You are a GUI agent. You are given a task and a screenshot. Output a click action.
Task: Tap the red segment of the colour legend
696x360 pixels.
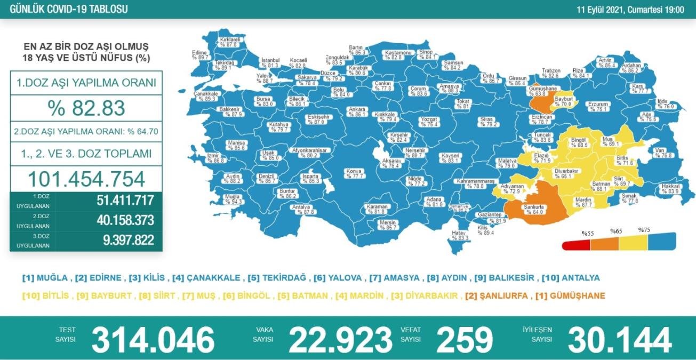click(x=576, y=244)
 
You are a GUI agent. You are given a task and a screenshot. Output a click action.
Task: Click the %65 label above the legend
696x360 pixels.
click(x=616, y=231)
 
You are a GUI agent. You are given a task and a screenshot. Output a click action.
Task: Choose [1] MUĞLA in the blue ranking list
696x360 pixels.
click(x=45, y=278)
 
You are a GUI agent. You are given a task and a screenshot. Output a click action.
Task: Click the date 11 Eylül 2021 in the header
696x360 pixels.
click(x=606, y=10)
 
